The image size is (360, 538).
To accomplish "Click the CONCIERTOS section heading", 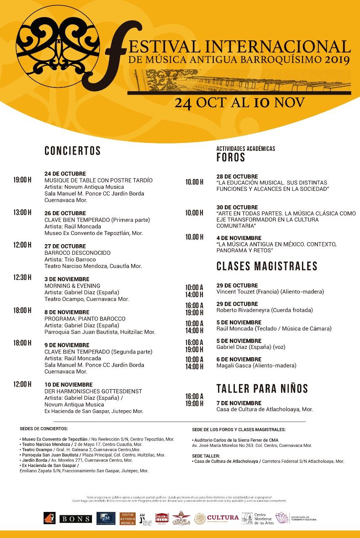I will (x=73, y=151).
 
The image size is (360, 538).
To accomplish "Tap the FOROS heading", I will (x=231, y=158).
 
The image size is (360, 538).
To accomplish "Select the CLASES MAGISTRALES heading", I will (x=267, y=266).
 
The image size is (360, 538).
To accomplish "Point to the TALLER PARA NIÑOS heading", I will (x=262, y=388).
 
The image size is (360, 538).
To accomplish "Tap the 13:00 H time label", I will (x=22, y=212).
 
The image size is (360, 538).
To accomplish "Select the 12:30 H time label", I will (x=22, y=277).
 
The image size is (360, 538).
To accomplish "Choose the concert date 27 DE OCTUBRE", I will (x=65, y=246).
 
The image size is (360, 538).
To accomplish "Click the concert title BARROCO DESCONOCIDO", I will (x=78, y=253).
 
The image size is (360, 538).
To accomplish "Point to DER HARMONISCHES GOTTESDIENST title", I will (x=93, y=391).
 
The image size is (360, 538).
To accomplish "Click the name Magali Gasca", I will (x=234, y=366).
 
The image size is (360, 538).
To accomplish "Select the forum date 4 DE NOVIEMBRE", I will (x=239, y=238).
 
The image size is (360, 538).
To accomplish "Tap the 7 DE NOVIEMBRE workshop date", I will (x=239, y=403).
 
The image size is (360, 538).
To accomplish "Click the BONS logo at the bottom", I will (x=76, y=519).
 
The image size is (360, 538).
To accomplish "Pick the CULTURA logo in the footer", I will (x=223, y=518).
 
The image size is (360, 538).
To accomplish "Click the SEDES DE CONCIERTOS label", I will (x=44, y=429).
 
